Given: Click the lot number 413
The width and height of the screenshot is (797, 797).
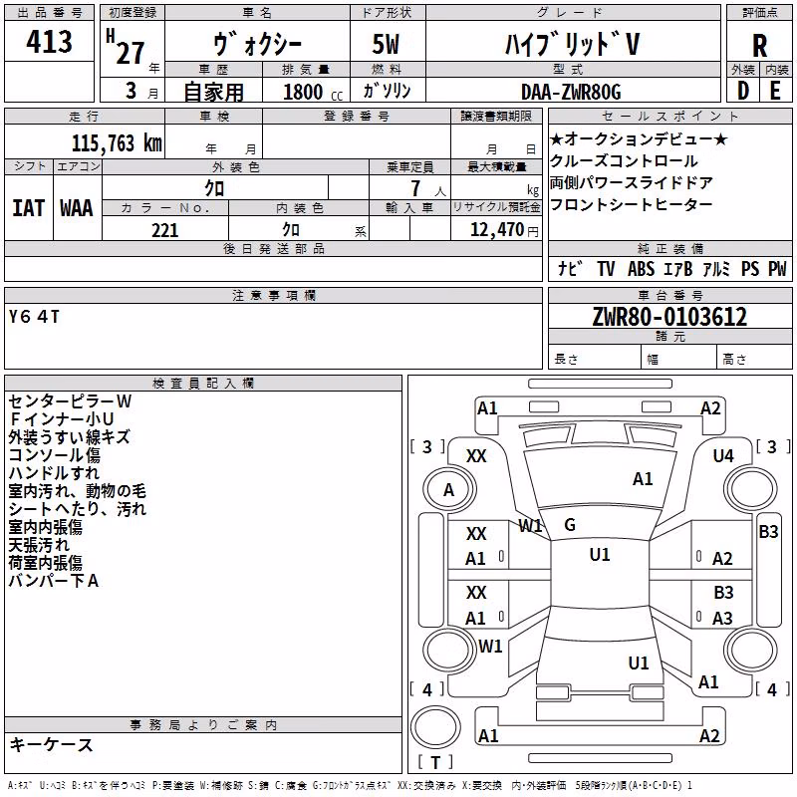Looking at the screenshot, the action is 49,41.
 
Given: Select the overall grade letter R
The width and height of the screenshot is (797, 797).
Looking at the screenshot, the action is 759,46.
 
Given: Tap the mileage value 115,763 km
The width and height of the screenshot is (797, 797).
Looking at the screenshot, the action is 117,143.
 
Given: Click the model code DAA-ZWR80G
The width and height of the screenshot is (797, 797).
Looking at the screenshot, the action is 571,92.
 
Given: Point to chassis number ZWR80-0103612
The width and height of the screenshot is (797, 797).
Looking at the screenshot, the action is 669,317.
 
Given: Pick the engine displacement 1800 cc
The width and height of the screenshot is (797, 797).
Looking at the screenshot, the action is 313,92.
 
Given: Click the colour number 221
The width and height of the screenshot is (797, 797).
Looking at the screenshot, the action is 164,230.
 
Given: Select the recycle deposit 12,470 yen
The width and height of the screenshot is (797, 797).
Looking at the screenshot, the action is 504,230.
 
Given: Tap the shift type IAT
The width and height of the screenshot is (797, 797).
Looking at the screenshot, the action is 29,208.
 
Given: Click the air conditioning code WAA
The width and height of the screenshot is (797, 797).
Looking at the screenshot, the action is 77,208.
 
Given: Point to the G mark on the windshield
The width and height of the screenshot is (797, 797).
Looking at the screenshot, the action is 570,525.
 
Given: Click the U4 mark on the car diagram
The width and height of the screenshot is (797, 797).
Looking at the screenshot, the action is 723,456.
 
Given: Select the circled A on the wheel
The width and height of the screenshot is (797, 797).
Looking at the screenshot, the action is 449,490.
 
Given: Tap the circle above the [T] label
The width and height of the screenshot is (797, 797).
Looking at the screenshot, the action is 435,727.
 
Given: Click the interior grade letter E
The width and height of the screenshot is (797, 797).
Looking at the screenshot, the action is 775,91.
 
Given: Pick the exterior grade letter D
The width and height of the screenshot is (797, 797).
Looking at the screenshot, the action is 743,91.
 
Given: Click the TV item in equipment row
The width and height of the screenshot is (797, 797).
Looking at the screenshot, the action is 606,268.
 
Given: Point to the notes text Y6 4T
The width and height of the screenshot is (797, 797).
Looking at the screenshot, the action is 34,317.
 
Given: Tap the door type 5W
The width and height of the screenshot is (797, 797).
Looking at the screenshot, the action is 386,44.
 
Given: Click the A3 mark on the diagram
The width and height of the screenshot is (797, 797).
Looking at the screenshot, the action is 722,618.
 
